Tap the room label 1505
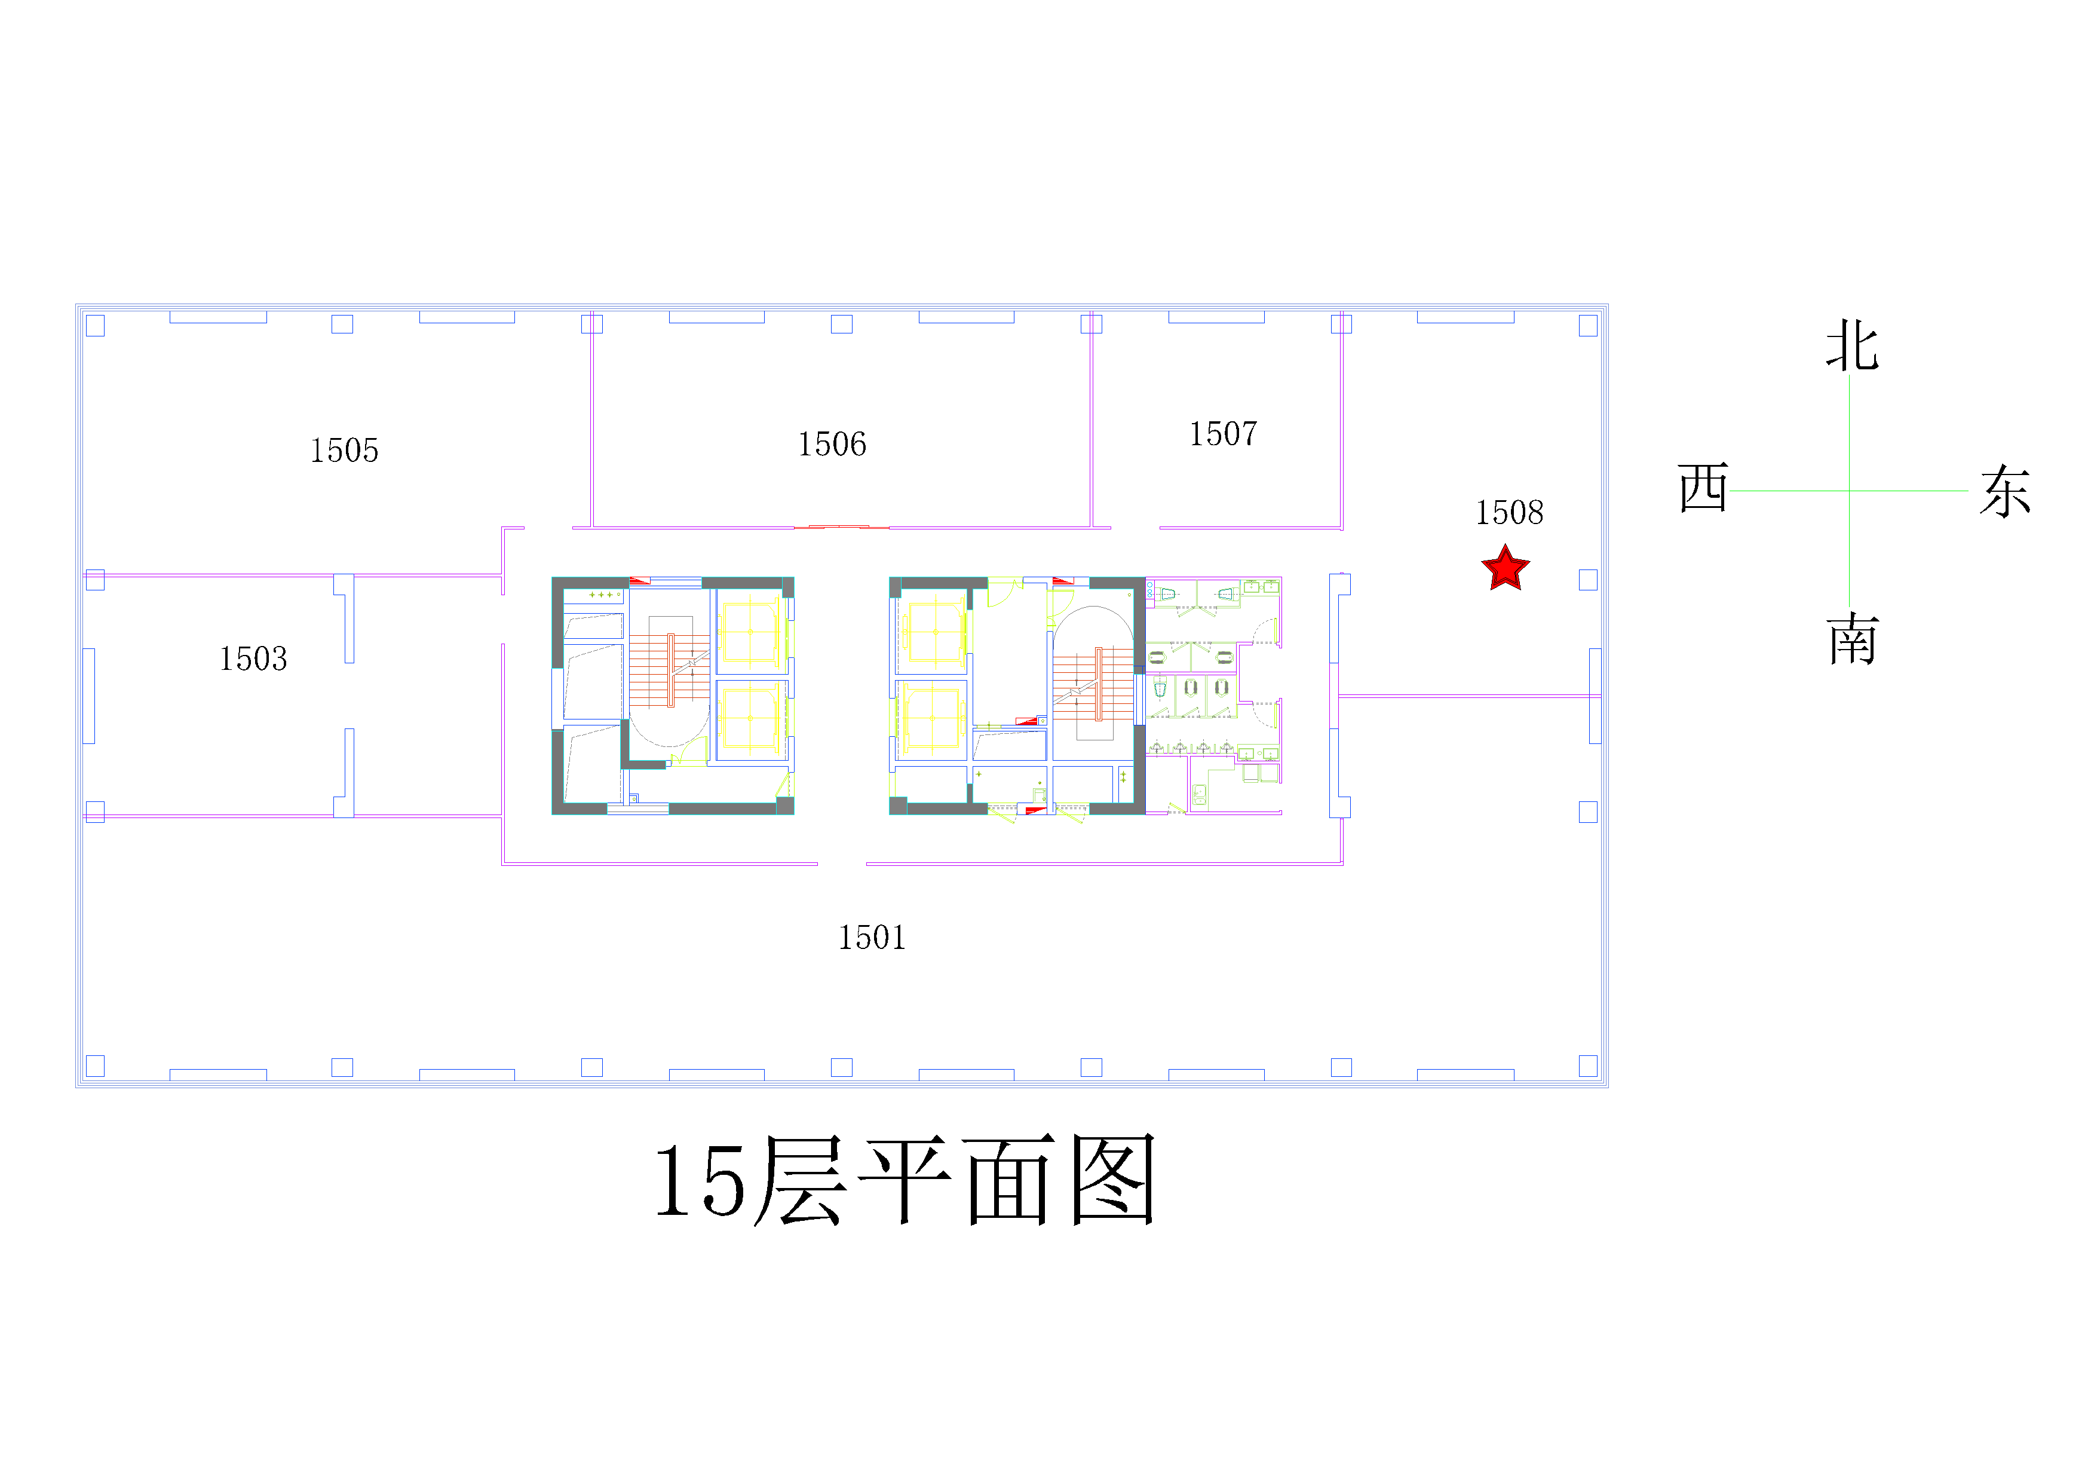[x=344, y=451]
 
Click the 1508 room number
[x=1510, y=513]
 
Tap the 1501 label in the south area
[x=872, y=937]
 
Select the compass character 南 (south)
[x=1853, y=639]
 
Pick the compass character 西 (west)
[x=1703, y=488]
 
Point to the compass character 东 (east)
[x=2005, y=491]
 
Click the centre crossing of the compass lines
[x=1849, y=491]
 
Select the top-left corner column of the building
[x=95, y=326]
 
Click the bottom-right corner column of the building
[x=1589, y=1066]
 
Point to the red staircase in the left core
[x=670, y=670]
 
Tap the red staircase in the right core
[x=1094, y=684]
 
